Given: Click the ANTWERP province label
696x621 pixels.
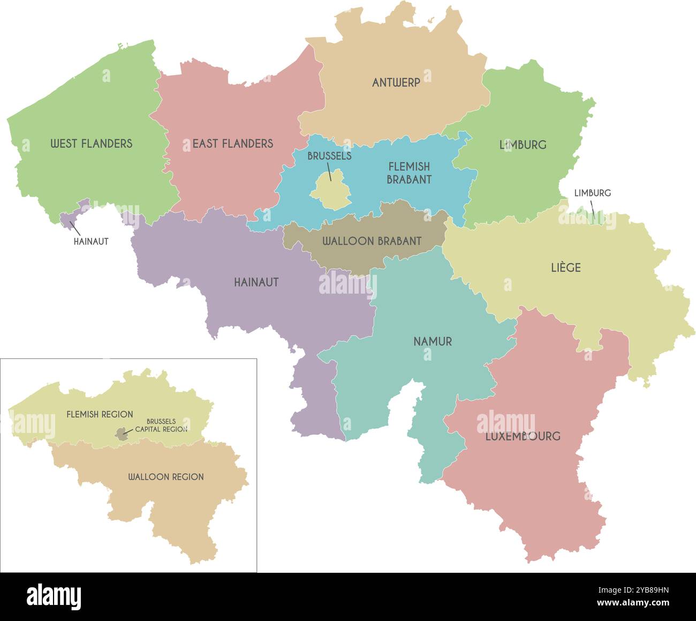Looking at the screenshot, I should pyautogui.click(x=396, y=83).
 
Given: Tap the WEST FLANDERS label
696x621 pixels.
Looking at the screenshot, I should pyautogui.click(x=91, y=144).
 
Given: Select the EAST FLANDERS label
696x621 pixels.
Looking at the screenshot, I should pyautogui.click(x=232, y=144).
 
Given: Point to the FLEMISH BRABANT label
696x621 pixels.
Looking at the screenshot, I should pyautogui.click(x=409, y=173).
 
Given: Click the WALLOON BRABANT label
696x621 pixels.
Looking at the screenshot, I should pyautogui.click(x=372, y=241).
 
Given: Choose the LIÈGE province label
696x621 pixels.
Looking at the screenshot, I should pyautogui.click(x=566, y=267).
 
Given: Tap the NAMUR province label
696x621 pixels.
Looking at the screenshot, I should pyautogui.click(x=433, y=341).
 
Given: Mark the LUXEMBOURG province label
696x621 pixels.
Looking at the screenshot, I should pyautogui.click(x=523, y=436).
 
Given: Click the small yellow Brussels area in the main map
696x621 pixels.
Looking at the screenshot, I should pyautogui.click(x=331, y=190).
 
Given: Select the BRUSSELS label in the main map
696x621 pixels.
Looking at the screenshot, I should pyautogui.click(x=329, y=156).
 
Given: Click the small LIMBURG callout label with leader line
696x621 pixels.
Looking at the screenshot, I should pyautogui.click(x=592, y=193).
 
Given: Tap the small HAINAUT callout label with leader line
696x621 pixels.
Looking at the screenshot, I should pyautogui.click(x=91, y=242).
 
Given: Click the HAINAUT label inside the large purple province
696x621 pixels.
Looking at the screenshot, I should pyautogui.click(x=256, y=282).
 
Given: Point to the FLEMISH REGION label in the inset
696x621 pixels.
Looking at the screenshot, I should pyautogui.click(x=100, y=414).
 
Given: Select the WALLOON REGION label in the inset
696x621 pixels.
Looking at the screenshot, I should pyautogui.click(x=165, y=477).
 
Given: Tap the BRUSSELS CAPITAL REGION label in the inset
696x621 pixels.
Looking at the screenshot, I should pyautogui.click(x=161, y=425).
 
